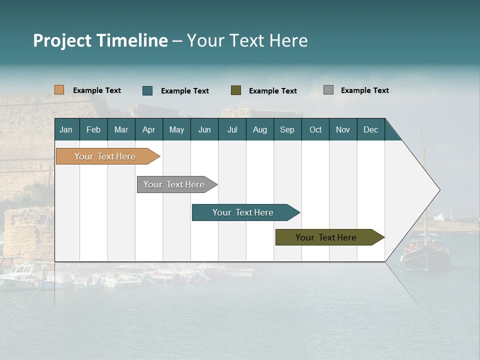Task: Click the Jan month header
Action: pyautogui.click(x=66, y=129)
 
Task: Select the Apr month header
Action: pyautogui.click(x=148, y=129)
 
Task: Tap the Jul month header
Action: pyautogui.click(x=232, y=129)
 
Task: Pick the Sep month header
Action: pyautogui.click(x=287, y=129)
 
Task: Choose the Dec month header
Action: pyautogui.click(x=370, y=129)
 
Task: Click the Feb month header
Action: pyautogui.click(x=93, y=129)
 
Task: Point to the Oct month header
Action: pyautogui.click(x=315, y=129)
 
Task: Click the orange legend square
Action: pyautogui.click(x=59, y=90)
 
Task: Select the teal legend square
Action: pyautogui.click(x=147, y=90)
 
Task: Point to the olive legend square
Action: pyautogui.click(x=236, y=90)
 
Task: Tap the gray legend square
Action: pyautogui.click(x=328, y=90)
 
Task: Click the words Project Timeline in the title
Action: pyautogui.click(x=100, y=40)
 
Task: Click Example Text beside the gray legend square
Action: pyautogui.click(x=364, y=90)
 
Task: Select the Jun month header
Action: pyautogui.click(x=204, y=129)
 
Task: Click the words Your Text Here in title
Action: pyautogui.click(x=247, y=40)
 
